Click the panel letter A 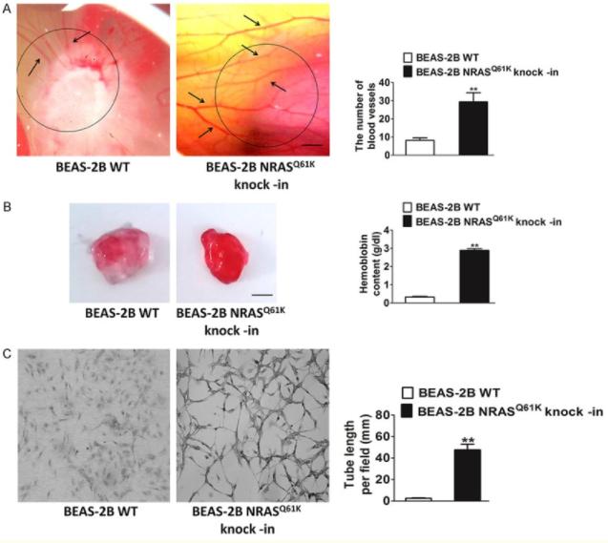point(8,10)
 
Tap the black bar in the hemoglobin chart point(473,276)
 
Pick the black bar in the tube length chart point(467,474)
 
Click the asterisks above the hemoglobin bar point(473,244)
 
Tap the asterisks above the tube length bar point(467,441)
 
